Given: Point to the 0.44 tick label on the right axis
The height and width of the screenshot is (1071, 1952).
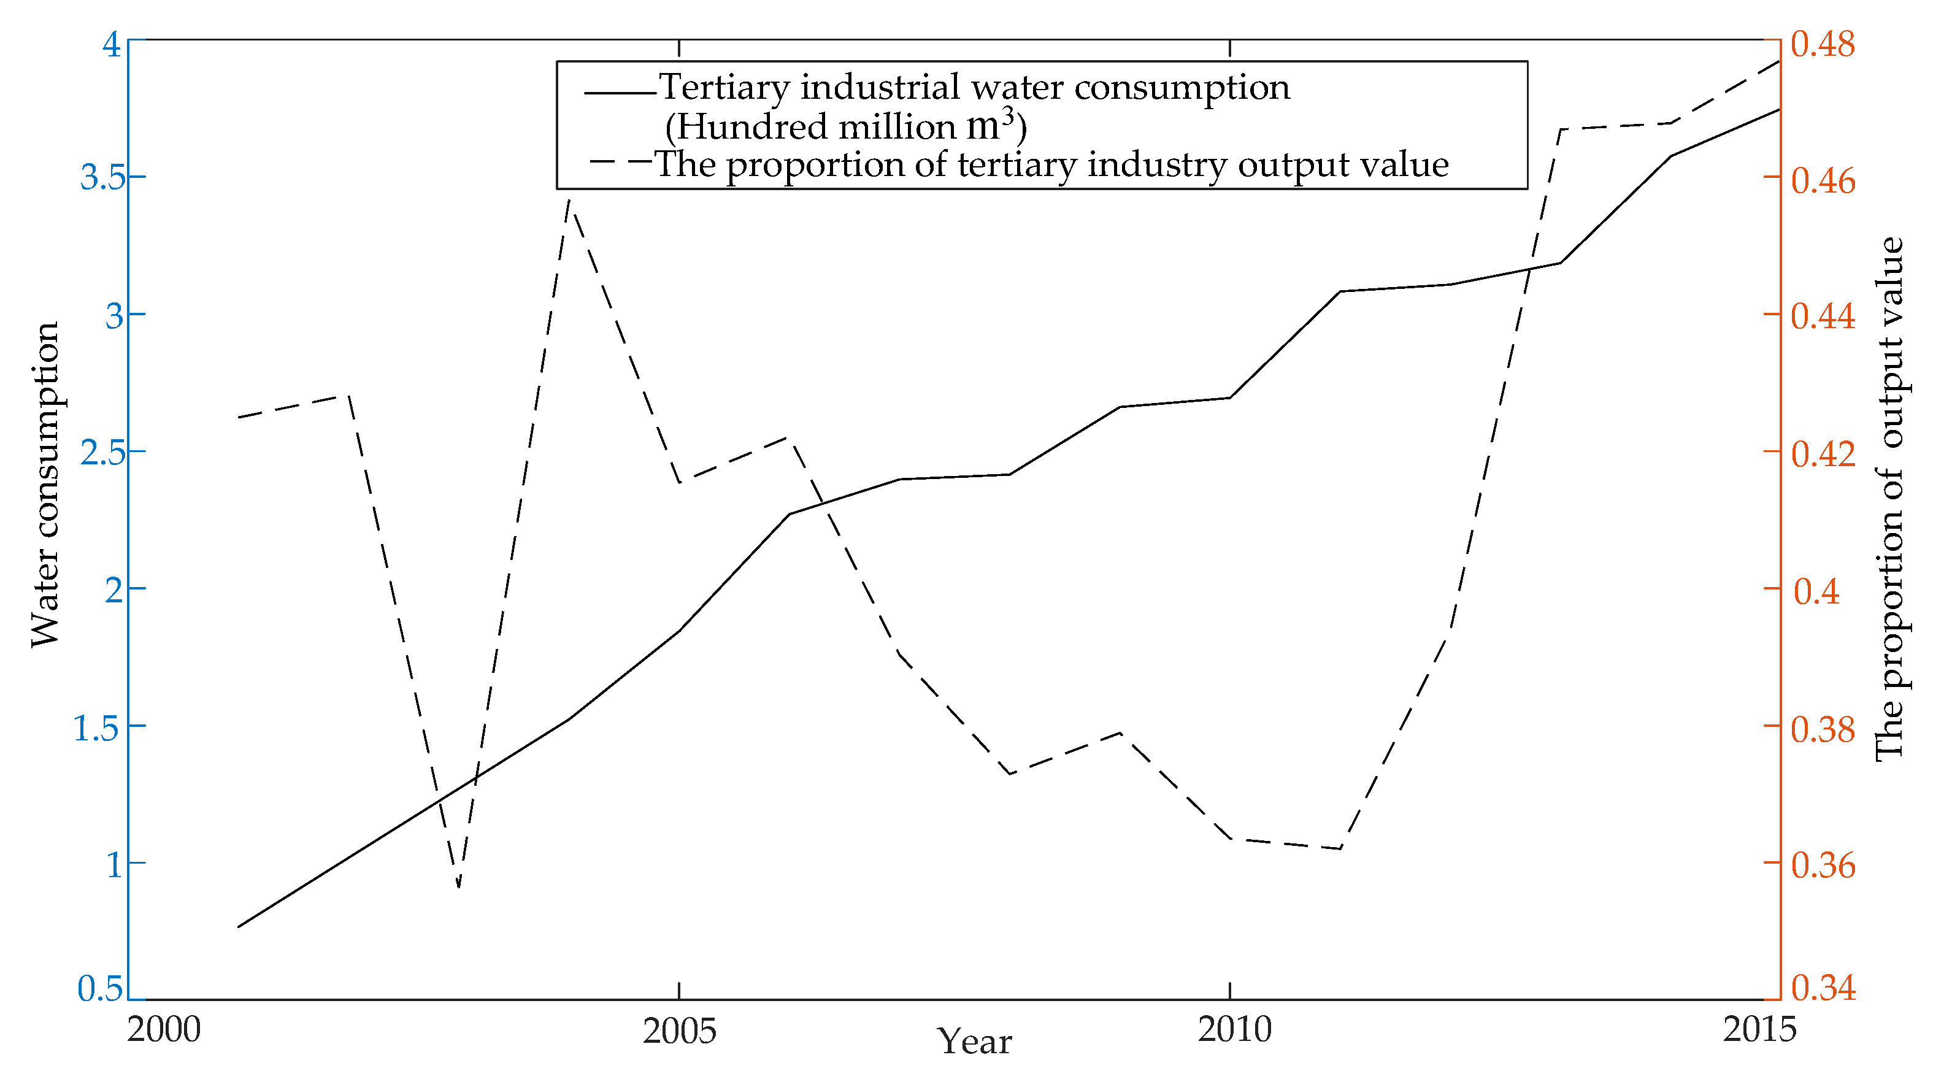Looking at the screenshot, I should coord(1823,315).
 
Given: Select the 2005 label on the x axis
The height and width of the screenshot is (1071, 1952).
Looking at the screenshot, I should coord(679,1031).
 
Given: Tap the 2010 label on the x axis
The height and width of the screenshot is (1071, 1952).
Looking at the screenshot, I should coord(1234,1029).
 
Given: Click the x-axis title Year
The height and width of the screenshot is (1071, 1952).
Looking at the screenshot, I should coord(975,1042).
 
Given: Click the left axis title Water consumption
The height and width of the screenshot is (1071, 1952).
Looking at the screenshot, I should coord(45,485).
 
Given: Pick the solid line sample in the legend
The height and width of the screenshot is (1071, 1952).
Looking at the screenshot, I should coord(619,93).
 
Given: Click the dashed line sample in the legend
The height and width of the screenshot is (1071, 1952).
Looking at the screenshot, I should coord(619,161).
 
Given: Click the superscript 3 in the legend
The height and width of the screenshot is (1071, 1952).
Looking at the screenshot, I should coord(1008,115).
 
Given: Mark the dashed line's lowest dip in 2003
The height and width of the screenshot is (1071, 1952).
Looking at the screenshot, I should coord(458,887).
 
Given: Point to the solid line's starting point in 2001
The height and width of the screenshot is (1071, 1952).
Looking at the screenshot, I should coord(239,926).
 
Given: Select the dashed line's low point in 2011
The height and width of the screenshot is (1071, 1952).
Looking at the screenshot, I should coord(1340,848).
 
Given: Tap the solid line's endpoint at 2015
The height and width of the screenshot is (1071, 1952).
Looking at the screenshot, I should coord(1778,109).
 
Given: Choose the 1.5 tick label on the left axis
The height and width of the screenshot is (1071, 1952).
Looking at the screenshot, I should coord(96,727).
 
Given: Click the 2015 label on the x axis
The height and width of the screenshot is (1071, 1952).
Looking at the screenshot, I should coord(1759,1029).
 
